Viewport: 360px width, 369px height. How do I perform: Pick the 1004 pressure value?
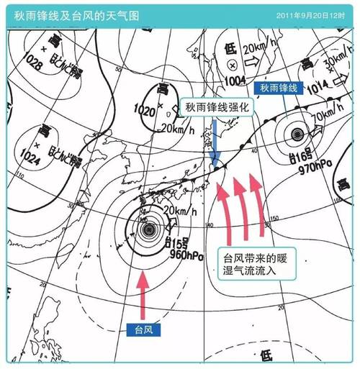coord(235,80)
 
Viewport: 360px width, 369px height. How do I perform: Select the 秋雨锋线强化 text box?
coord(217,106)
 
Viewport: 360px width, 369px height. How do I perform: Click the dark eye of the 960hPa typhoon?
coord(149,230)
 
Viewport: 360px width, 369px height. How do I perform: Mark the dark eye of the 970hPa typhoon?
coord(297,134)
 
